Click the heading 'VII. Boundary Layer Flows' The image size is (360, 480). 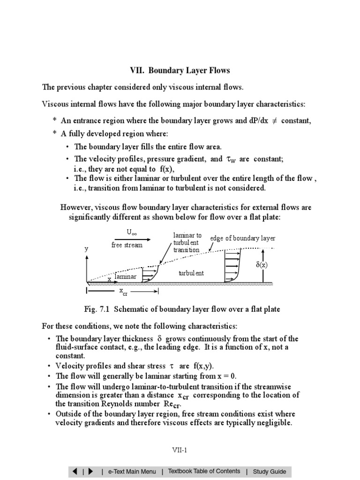pyautogui.click(x=180, y=71)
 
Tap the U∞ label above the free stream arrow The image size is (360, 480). pyautogui.click(x=132, y=232)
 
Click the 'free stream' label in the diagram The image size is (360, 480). pyautogui.click(x=127, y=245)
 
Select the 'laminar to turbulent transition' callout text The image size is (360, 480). pyautogui.click(x=187, y=242)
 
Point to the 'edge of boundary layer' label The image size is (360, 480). pyautogui.click(x=242, y=238)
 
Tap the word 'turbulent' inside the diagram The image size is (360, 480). pyautogui.click(x=191, y=273)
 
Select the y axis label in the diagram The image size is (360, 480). pyautogui.click(x=86, y=249)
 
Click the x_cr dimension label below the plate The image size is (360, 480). pyautogui.click(x=123, y=292)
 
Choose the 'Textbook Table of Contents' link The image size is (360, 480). pyautogui.click(x=204, y=472)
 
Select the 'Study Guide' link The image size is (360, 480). pyautogui.click(x=269, y=472)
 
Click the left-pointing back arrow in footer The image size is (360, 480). pyautogui.click(x=75, y=472)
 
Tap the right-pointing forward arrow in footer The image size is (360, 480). pyautogui.click(x=91, y=472)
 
